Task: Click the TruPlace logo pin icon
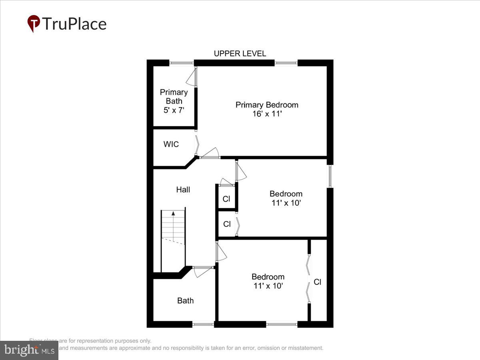pos(34,24)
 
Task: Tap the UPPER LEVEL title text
pos(240,54)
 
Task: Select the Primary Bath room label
pos(174,97)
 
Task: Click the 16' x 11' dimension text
pos(266,114)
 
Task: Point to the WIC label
pos(171,144)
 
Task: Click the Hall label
pos(183,190)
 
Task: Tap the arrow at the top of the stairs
pos(173,214)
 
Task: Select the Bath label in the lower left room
pos(185,300)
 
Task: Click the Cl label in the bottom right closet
pos(317,282)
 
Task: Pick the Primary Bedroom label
pos(267,105)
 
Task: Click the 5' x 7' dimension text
pos(174,110)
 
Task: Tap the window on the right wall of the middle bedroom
pos(330,176)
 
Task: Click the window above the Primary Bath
pos(182,63)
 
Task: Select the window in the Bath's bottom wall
pos(203,324)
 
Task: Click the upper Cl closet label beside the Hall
pos(226,199)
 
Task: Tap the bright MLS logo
pos(29,350)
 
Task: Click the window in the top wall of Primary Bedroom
pos(286,63)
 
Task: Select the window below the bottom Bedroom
pos(282,324)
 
